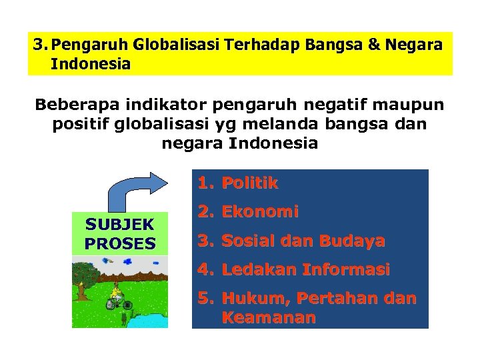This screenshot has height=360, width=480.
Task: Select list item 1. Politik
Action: pos(237,183)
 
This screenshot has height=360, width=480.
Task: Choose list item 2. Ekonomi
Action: pos(247,212)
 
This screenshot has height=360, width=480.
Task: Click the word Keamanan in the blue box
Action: pos(268,317)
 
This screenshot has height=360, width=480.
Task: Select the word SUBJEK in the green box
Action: pos(120,224)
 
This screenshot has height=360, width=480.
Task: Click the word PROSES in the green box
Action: pos(120,243)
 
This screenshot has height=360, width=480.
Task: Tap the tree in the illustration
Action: pos(83,277)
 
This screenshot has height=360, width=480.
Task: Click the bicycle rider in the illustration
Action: pos(118,297)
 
